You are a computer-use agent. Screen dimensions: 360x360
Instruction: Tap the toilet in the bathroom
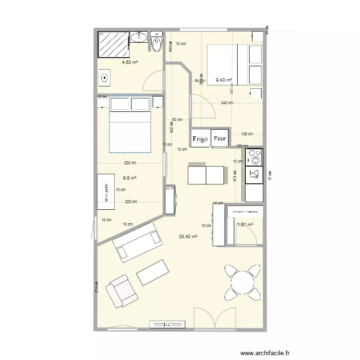point(156,43)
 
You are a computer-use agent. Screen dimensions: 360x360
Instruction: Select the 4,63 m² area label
point(130,62)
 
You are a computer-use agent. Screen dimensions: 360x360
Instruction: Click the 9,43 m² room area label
point(224,81)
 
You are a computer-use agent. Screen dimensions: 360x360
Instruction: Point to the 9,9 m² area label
point(130,178)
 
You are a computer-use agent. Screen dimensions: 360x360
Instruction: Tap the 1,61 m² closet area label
point(245,224)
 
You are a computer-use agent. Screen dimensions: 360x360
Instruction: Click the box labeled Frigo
point(200,139)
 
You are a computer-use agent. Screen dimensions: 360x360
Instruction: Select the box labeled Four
point(220,138)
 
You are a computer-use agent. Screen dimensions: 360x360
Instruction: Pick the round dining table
point(242,281)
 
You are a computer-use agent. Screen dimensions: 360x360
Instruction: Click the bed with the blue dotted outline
point(130,125)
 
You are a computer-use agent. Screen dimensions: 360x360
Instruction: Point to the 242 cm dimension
point(227,103)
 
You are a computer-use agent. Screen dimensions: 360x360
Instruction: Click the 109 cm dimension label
point(247,134)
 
